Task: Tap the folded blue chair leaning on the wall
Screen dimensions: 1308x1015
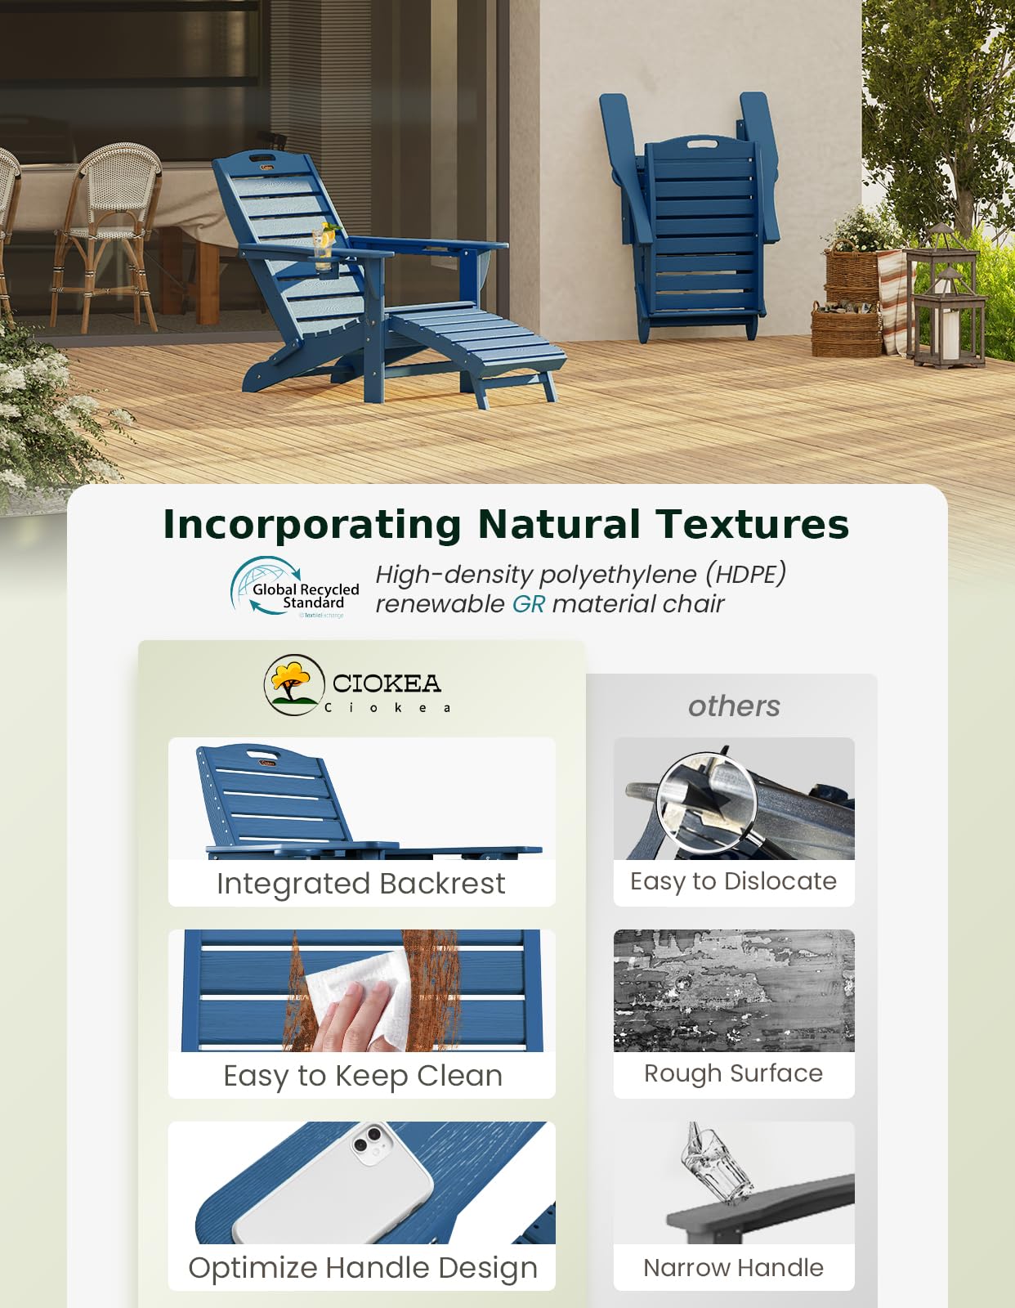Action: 695,221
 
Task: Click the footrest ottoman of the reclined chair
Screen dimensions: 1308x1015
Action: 482,343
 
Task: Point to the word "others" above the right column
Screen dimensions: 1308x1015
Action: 734,706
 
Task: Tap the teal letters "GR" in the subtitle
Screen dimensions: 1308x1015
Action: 528,604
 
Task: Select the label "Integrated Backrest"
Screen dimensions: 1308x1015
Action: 361,884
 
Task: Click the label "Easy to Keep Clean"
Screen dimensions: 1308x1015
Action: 363,1076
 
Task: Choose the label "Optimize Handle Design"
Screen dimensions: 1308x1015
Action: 363,1268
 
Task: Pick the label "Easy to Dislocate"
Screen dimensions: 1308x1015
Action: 733,881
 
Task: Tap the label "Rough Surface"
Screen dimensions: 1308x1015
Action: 733,1073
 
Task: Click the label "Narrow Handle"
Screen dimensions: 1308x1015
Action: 733,1268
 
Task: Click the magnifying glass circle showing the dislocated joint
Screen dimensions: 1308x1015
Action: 707,802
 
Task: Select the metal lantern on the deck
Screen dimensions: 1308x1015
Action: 946,302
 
